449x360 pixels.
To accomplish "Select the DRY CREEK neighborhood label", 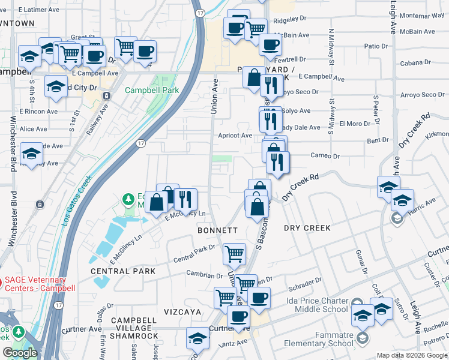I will tap(307, 228).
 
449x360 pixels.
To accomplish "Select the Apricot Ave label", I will tap(235, 136).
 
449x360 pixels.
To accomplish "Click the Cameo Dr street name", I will tap(325, 156).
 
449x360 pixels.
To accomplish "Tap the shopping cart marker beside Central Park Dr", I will tap(234, 253).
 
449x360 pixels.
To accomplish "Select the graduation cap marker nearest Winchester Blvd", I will tap(31, 154).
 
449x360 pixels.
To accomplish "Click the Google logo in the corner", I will tap(20, 353).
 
